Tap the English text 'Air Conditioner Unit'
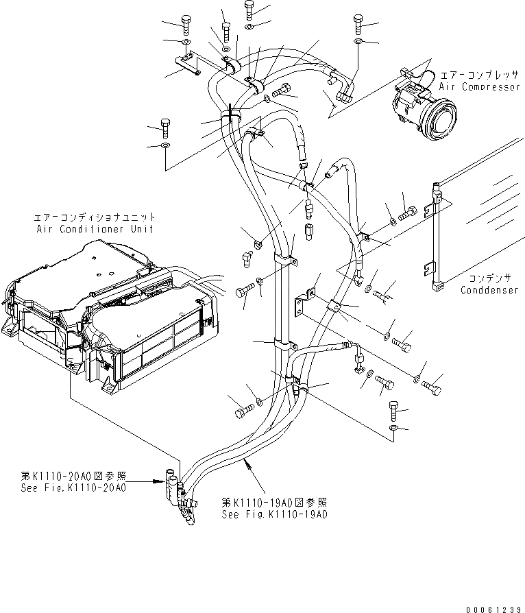[x=95, y=228]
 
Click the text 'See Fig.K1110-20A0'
[x=73, y=488]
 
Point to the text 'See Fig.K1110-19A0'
[x=274, y=514]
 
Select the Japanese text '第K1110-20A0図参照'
[x=73, y=477]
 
